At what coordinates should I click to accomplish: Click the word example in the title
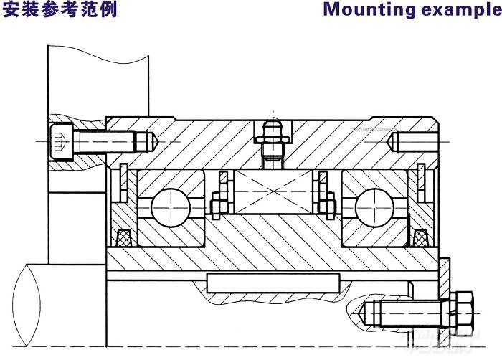click(x=457, y=10)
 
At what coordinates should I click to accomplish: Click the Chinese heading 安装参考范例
click(x=59, y=10)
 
